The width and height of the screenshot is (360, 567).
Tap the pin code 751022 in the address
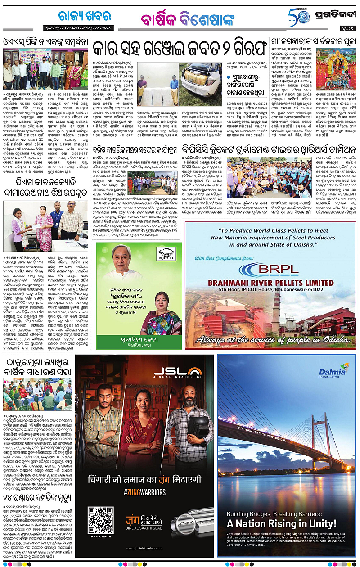316,290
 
